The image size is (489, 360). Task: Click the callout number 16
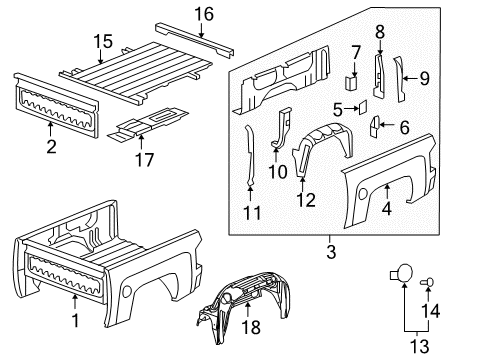[x=204, y=13]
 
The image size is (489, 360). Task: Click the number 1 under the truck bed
[x=73, y=321]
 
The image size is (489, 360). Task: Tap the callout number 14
[x=434, y=311]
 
